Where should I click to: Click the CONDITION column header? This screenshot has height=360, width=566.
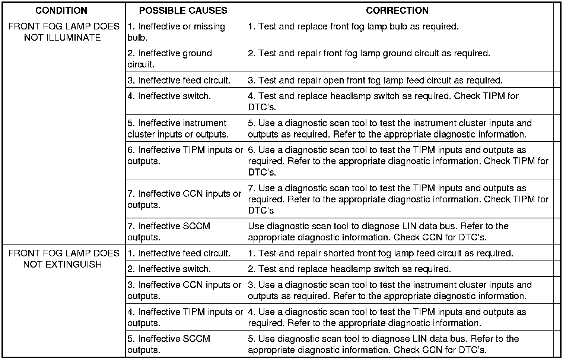click(x=61, y=10)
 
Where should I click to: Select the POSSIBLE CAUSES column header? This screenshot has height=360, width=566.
click(x=183, y=10)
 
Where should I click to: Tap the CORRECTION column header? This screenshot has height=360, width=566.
click(x=397, y=10)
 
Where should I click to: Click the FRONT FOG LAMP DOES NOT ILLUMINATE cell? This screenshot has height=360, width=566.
click(x=64, y=32)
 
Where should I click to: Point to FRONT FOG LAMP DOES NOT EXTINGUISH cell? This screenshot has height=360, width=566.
click(x=64, y=259)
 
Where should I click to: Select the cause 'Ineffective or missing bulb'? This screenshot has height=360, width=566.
click(x=177, y=32)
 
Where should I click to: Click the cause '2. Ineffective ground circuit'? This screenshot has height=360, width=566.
click(x=170, y=59)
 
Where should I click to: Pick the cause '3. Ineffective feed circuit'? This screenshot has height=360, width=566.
click(x=179, y=80)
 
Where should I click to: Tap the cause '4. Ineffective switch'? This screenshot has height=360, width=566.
click(x=169, y=96)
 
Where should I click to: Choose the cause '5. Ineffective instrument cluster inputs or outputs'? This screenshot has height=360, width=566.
click(x=178, y=129)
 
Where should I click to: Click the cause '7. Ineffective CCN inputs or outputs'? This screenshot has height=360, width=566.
click(x=185, y=199)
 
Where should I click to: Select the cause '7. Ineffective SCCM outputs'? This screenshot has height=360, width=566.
click(x=169, y=232)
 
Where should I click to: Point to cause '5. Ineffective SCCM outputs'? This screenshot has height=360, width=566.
click(x=169, y=344)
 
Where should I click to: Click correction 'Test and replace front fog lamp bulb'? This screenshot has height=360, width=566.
click(x=353, y=27)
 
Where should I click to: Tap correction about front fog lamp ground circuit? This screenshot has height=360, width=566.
click(x=369, y=54)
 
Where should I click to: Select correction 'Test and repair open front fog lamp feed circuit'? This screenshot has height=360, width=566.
click(x=375, y=80)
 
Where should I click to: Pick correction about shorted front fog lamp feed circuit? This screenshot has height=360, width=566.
click(x=381, y=253)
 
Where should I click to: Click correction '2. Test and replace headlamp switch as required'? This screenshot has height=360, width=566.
click(x=349, y=269)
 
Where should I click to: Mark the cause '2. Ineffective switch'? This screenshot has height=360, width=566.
click(x=169, y=269)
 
